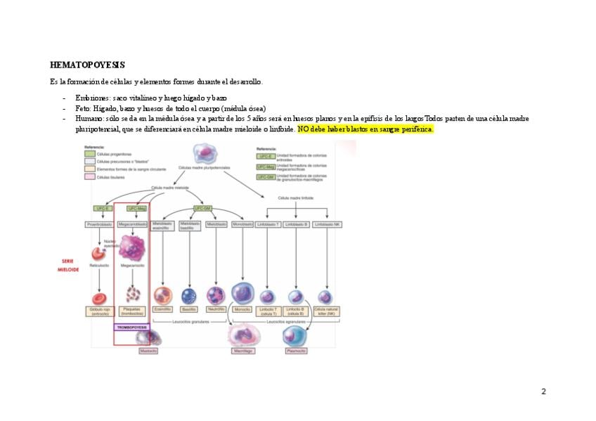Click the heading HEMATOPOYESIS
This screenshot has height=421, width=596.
coord(87,65)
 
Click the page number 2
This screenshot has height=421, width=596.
coord(543,391)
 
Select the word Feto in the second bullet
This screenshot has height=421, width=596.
coord(83,108)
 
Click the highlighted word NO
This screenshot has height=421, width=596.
coord(303,129)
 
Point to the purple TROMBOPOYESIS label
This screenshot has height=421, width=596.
coord(131,327)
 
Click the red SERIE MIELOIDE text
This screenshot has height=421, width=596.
coord(68,265)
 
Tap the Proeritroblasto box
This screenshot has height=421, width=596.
coord(99,224)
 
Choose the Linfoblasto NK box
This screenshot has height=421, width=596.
coord(327,224)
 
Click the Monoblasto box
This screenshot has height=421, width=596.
coord(242,224)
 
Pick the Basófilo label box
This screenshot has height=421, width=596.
coord(188,309)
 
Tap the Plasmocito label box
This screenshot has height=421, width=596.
coord(295,351)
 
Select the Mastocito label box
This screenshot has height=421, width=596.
coord(148,351)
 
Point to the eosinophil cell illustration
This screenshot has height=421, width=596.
coord(163,295)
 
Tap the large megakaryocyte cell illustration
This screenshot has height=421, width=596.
coord(131,247)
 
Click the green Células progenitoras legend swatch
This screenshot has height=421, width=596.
coord(90,153)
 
